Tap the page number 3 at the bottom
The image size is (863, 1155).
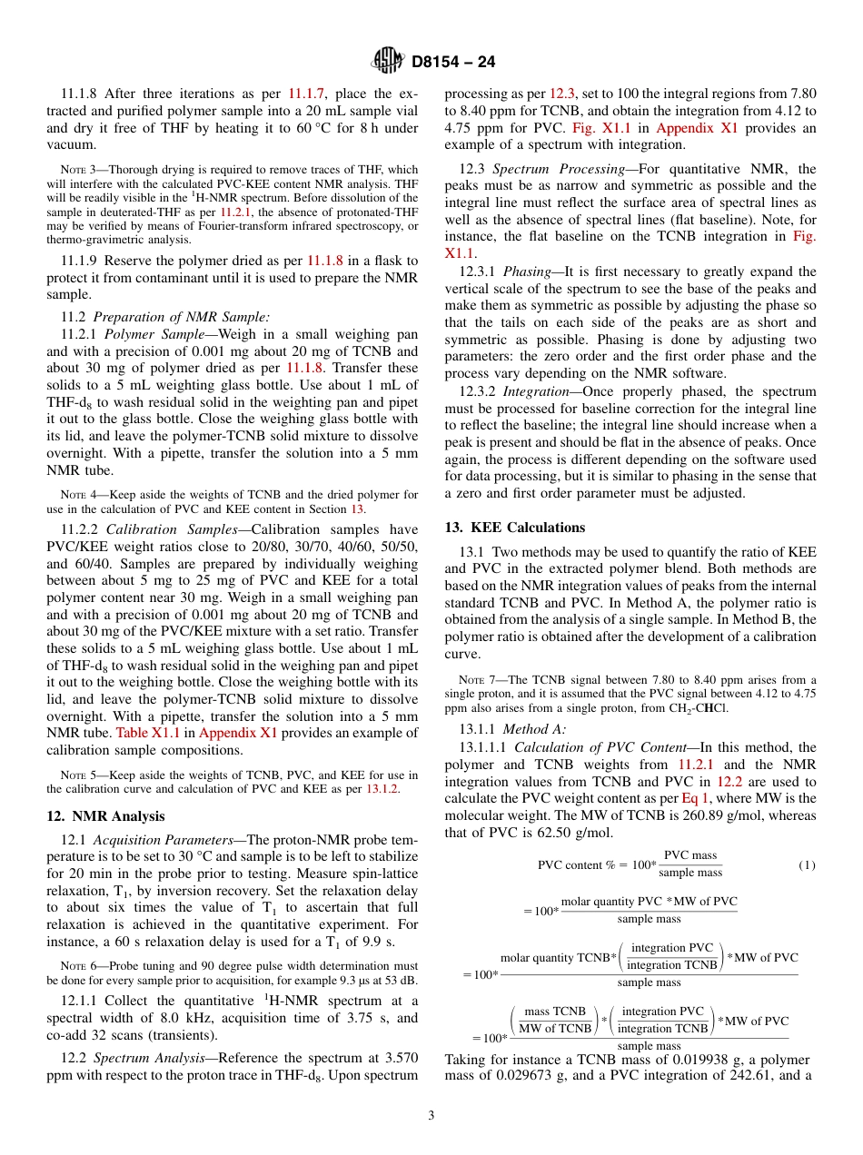(x=431, y=1116)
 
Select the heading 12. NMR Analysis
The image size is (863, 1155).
(x=105, y=815)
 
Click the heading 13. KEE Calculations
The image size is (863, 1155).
(x=515, y=528)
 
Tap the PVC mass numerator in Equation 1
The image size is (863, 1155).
(x=690, y=856)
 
